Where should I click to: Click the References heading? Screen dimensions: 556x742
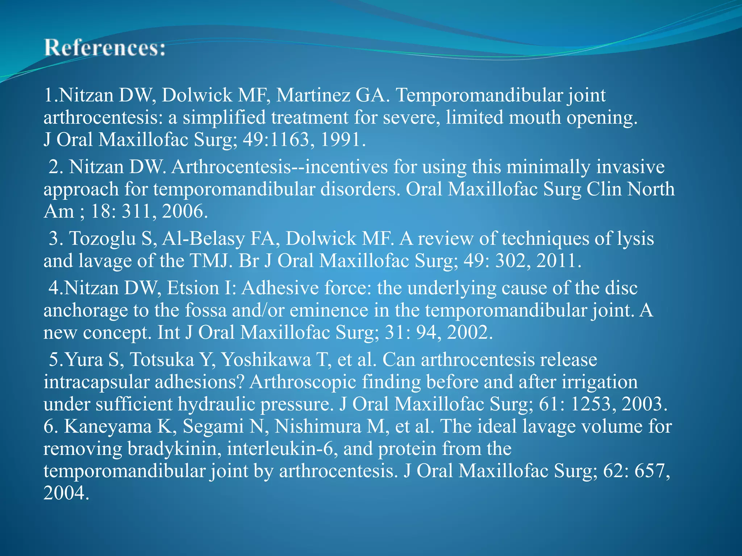point(105,49)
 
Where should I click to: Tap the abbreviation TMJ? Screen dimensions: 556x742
point(210,261)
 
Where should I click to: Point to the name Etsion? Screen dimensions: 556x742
point(193,288)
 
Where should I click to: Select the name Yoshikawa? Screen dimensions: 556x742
point(266,360)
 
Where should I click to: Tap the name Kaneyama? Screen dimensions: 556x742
point(108,426)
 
